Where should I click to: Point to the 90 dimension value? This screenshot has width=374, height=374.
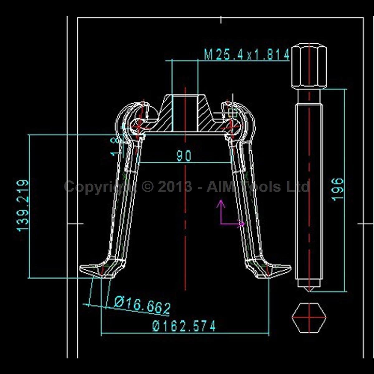(x=184, y=156)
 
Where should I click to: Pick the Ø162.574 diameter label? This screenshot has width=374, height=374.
(x=184, y=326)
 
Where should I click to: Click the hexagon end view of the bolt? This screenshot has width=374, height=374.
(x=309, y=318)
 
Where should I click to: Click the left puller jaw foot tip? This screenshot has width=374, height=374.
(x=80, y=269)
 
